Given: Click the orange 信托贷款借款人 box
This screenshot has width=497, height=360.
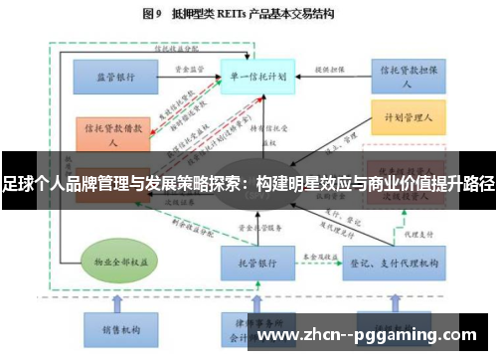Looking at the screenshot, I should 112,133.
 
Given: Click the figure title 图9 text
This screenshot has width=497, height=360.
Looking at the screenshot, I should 153,13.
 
